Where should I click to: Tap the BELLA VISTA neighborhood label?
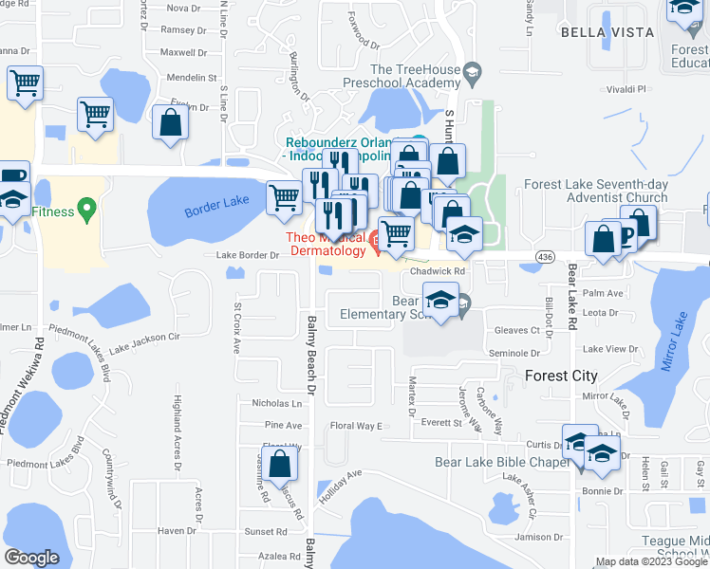click(x=607, y=32)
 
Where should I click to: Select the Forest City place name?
click(x=562, y=376)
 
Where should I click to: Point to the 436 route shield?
click(x=544, y=257)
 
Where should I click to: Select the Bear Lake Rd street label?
click(x=572, y=298)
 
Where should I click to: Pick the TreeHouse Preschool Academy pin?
click(x=472, y=71)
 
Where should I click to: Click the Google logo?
click(x=31, y=558)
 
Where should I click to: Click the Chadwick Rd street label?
click(x=437, y=271)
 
